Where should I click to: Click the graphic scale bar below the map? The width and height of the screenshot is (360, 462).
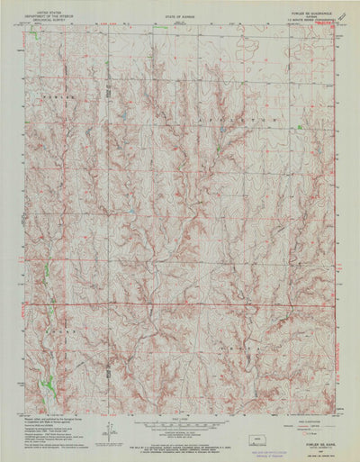point(180,422)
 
